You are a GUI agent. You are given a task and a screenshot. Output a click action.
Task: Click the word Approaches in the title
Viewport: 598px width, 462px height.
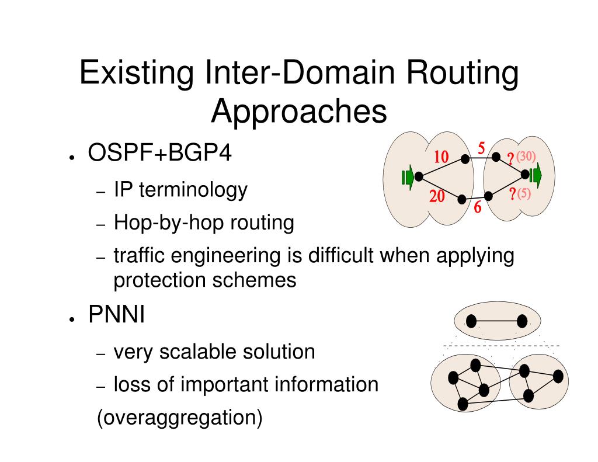299,111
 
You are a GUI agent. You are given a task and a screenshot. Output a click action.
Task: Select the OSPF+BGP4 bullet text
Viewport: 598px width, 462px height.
159,154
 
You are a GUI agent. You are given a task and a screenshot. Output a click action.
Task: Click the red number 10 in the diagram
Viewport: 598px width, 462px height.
441,157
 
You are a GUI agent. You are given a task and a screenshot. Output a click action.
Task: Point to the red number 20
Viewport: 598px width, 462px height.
437,197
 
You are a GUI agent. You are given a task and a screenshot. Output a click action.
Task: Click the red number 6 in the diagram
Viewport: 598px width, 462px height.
477,207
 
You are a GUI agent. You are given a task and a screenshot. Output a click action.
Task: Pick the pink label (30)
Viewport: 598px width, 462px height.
526,157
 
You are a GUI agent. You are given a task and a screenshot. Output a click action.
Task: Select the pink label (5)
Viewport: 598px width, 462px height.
523,194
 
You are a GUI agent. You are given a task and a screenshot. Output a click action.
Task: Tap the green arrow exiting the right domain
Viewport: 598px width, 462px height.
535,174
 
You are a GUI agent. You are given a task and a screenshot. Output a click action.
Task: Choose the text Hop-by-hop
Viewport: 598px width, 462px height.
152,223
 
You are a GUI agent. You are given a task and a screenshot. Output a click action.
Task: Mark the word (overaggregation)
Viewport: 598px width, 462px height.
179,418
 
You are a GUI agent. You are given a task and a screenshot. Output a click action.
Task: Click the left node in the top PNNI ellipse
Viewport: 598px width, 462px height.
471,321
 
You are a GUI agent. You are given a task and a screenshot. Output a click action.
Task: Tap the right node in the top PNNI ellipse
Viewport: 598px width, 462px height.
522,321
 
